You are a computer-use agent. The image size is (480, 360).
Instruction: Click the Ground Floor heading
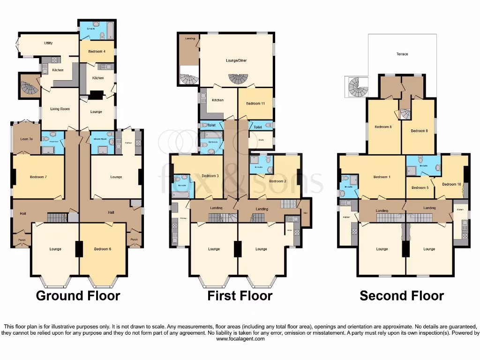point(78,296)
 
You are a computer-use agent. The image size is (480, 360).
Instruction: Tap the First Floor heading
point(240,296)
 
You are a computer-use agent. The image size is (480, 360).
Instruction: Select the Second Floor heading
point(402,296)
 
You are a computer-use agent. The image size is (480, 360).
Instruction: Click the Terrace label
point(402,54)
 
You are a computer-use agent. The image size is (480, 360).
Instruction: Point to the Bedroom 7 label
point(37,177)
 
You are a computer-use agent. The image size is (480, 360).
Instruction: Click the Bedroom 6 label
point(102,249)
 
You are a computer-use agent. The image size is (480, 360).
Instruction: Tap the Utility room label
point(48,43)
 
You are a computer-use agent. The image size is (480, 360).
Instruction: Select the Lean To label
point(27,139)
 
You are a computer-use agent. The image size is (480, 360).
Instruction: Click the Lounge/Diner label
point(236,60)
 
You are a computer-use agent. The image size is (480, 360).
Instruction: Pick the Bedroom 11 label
point(255,103)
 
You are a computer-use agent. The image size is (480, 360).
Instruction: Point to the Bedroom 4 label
point(97,52)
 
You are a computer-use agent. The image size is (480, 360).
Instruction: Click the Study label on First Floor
point(255,139)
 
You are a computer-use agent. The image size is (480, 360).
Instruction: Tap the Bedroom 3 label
point(210,176)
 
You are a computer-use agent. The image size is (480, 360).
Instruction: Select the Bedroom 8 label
point(383,127)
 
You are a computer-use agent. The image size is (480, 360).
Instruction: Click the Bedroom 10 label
point(451,184)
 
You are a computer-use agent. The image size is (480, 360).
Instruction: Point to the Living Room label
point(60,109)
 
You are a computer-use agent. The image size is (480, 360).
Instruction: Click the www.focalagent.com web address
point(240,338)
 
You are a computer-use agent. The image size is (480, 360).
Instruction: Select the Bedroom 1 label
point(381,177)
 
